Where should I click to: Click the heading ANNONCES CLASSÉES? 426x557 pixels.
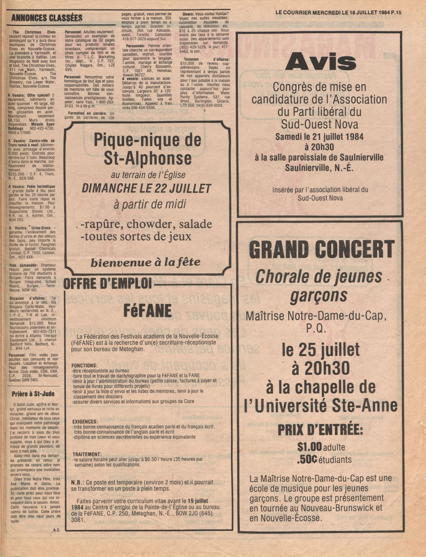point(47,18)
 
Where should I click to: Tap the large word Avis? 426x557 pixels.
point(320,62)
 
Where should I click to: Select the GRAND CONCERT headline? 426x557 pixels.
point(322,249)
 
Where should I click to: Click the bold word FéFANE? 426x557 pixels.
point(148,310)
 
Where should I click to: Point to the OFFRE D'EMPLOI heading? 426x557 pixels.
point(107,284)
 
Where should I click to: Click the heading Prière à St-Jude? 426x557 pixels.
point(33,394)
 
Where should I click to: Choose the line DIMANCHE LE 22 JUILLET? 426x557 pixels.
point(147,188)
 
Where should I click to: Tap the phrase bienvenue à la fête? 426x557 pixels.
point(145,263)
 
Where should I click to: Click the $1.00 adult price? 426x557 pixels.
point(309,447)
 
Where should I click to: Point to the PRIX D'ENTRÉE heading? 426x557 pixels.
point(320,430)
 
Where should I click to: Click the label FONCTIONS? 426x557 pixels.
point(85,365)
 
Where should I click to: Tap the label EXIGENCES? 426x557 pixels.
point(85,421)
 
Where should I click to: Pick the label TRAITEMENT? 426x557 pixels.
point(87,454)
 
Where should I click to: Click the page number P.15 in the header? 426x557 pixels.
point(396,12)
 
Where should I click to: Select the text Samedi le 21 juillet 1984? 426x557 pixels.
point(319,137)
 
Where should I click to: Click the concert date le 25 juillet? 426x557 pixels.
point(321,350)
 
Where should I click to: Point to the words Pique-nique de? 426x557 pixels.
point(147,140)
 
